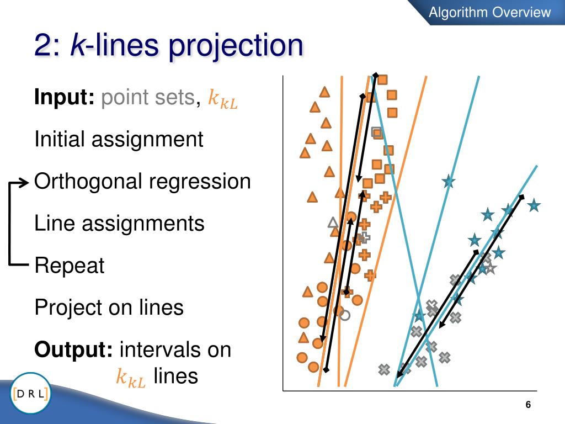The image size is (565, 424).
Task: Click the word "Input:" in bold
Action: click(x=64, y=97)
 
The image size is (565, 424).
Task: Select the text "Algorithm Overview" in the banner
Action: click(x=490, y=12)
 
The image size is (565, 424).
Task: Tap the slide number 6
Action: click(x=528, y=405)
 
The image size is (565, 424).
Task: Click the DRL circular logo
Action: click(x=31, y=393)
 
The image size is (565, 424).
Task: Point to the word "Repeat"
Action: click(x=69, y=266)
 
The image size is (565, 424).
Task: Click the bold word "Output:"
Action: click(x=73, y=349)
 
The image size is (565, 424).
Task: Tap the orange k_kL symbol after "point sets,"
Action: click(x=223, y=98)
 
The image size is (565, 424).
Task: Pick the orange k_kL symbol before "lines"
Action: click(x=131, y=378)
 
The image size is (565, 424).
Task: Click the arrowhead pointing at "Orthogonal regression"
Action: click(x=24, y=183)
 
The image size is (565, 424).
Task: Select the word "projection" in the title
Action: click(x=236, y=46)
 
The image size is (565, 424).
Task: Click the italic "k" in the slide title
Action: click(x=77, y=44)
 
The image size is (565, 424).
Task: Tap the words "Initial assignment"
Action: click(x=119, y=139)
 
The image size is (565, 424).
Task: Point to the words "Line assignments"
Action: click(x=119, y=224)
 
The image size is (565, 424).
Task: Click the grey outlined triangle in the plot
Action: click(x=333, y=222)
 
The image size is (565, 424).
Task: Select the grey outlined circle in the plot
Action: click(x=345, y=315)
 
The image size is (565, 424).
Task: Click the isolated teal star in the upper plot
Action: click(x=449, y=181)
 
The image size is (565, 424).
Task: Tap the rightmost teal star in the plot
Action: click(x=534, y=205)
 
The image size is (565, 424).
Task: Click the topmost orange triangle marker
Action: click(x=324, y=92)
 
